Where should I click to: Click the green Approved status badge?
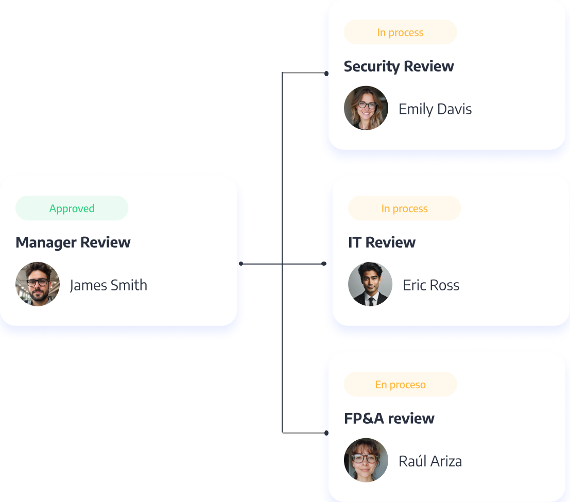[72, 209]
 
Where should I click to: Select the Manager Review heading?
[73, 243]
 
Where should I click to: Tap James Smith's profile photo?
[38, 284]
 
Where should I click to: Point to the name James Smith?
[109, 285]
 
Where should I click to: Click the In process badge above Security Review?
[400, 32]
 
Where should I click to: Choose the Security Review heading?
[399, 66]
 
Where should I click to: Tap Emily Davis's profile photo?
[366, 108]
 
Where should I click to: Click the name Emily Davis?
[435, 109]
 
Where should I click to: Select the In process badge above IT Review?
[404, 209]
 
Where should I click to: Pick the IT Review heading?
[382, 243]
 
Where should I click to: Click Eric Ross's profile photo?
[370, 284]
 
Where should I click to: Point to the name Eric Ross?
[431, 285]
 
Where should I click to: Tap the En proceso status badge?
[400, 385]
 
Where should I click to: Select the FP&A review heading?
[389, 419]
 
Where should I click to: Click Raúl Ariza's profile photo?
[366, 460]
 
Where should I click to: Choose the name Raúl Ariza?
[430, 461]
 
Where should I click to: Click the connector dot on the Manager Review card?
[241, 264]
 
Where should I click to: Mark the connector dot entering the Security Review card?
[326, 74]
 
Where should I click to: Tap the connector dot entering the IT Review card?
[324, 264]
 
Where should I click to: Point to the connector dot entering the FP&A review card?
[326, 433]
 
